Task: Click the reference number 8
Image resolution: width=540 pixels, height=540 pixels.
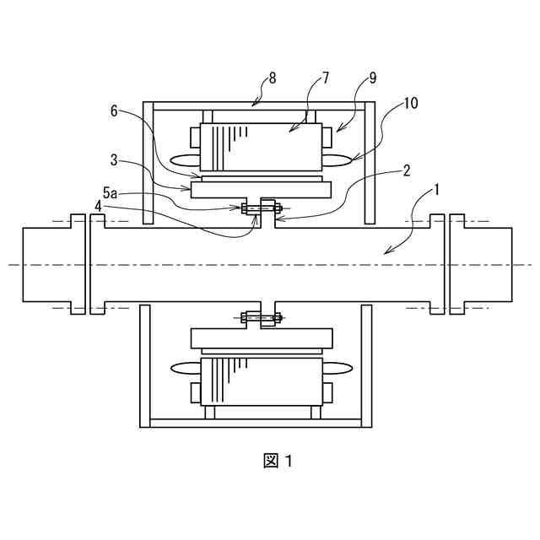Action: point(272,78)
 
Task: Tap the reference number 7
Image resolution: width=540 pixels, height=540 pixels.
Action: point(326,78)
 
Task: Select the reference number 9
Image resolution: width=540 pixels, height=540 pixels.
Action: point(372,78)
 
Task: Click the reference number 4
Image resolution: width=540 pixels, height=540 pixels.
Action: point(99,204)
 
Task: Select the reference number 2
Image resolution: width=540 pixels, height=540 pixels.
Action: point(406,170)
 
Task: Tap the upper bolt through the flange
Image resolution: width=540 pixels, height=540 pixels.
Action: point(260,208)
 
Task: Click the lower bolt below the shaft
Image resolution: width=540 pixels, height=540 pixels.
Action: point(260,318)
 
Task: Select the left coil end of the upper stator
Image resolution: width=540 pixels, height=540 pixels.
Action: point(184,159)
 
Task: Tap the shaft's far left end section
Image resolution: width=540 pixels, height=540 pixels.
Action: point(46,264)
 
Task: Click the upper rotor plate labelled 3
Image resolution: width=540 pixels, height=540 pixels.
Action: point(261,190)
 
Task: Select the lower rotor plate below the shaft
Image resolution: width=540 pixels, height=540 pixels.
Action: point(261,337)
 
